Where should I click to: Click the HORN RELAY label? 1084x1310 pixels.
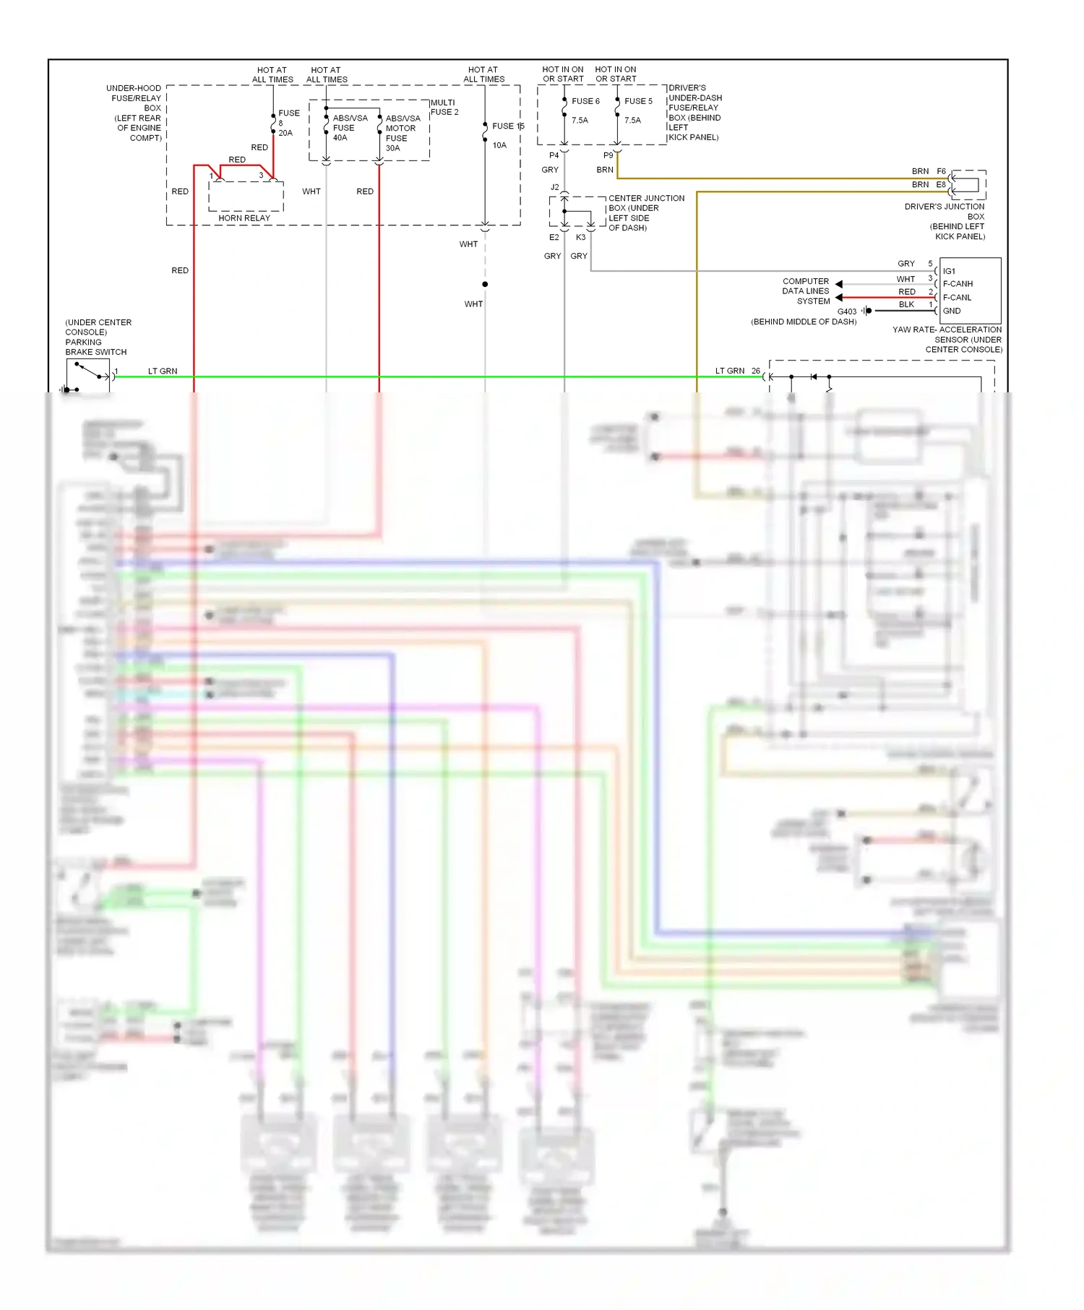tap(244, 217)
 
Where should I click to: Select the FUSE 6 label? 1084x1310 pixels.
tap(585, 101)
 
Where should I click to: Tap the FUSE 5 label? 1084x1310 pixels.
tap(638, 101)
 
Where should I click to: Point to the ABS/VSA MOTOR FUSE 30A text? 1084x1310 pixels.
tap(402, 133)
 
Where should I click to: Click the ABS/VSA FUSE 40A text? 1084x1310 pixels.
tap(349, 128)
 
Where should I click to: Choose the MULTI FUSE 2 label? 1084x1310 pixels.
tap(444, 107)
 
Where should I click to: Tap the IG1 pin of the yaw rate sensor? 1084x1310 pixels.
tap(949, 271)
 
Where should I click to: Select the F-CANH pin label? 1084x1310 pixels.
tap(958, 284)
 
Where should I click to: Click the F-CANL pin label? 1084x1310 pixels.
tap(957, 298)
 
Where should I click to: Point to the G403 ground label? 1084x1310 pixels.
tap(846, 311)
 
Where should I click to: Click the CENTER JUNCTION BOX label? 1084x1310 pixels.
tap(645, 212)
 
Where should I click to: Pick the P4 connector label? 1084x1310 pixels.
tap(554, 155)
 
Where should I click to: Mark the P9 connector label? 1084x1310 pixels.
tap(608, 155)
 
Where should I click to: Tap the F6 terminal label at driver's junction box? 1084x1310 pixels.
tap(941, 171)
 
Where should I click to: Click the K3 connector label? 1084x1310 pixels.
tap(580, 237)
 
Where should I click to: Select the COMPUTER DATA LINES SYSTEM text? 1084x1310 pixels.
tap(806, 291)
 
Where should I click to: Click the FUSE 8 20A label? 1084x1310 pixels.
tap(288, 123)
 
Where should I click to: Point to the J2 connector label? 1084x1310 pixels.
tap(554, 187)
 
